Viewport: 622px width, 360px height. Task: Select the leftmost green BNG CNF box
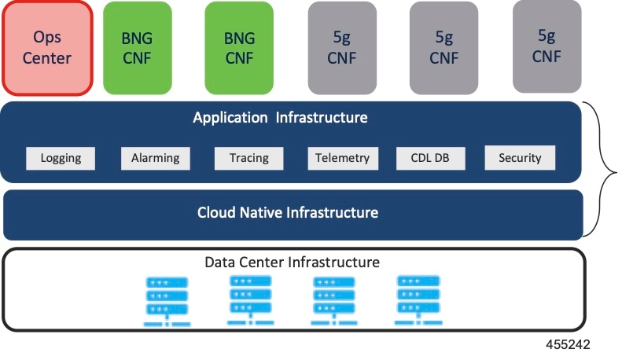pyautogui.click(x=138, y=47)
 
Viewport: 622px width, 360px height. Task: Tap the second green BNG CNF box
pyautogui.click(x=239, y=47)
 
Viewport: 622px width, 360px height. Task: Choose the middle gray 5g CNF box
pyautogui.click(x=443, y=47)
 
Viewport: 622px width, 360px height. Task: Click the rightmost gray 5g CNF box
pyautogui.click(x=547, y=46)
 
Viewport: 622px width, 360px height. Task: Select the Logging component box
pyautogui.click(x=61, y=158)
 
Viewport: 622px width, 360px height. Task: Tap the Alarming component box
pyautogui.click(x=156, y=158)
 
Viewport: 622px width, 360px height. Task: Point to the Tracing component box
pyautogui.click(x=249, y=158)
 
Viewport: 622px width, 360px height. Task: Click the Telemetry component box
pyautogui.click(x=342, y=158)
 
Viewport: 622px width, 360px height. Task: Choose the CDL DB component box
pyautogui.click(x=430, y=158)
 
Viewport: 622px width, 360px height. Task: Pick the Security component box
pyautogui.click(x=520, y=158)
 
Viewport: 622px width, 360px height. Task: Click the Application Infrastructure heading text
pyautogui.click(x=281, y=119)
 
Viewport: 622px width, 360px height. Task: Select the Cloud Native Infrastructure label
pyautogui.click(x=288, y=213)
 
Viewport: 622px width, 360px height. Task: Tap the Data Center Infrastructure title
pyautogui.click(x=293, y=262)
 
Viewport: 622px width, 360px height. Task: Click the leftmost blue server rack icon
pyautogui.click(x=166, y=302)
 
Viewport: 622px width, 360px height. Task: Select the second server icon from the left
pyautogui.click(x=250, y=300)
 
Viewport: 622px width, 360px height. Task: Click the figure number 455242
pyautogui.click(x=569, y=345)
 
